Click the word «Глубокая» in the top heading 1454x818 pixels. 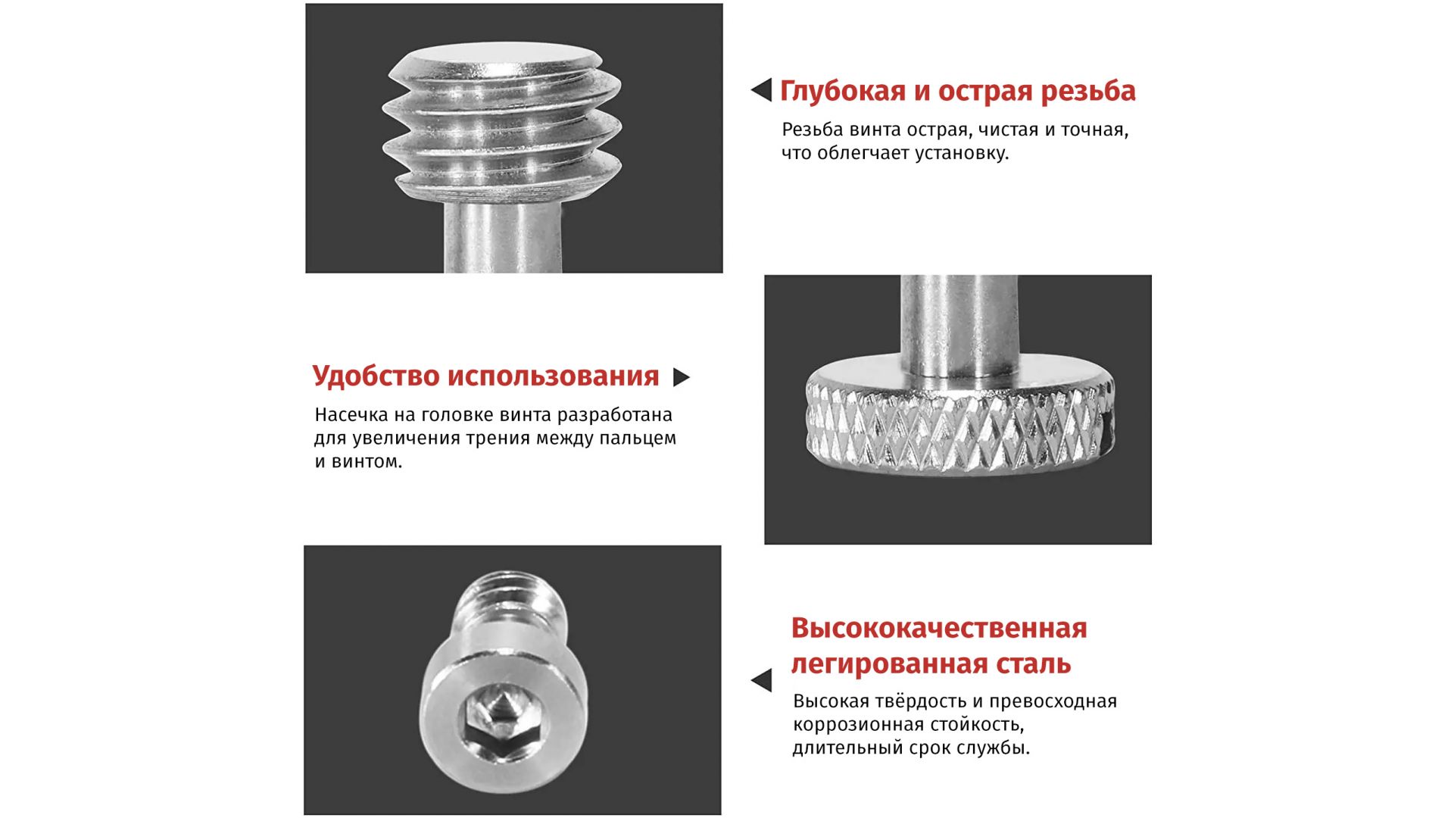[x=843, y=92]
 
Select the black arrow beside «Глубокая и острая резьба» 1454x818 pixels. [x=761, y=90]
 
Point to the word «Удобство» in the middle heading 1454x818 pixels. [x=376, y=376]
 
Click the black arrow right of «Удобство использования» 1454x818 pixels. [x=682, y=377]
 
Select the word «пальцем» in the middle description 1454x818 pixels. [x=638, y=439]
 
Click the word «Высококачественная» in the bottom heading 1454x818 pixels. [x=939, y=628]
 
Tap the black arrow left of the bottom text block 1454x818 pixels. [x=761, y=680]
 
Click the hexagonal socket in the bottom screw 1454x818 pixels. [x=501, y=716]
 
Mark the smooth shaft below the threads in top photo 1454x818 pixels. [x=502, y=235]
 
